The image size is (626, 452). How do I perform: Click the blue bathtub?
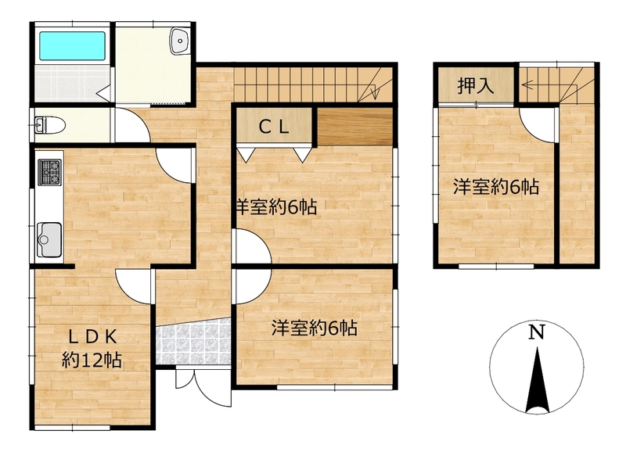[x=72, y=46]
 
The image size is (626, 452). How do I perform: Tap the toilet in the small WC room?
[x=50, y=125]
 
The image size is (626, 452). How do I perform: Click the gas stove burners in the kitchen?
[x=50, y=172]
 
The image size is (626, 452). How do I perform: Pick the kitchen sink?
[x=49, y=240]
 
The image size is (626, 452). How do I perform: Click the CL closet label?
[x=274, y=127]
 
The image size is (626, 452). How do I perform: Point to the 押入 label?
[x=476, y=86]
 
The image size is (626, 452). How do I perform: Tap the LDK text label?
[x=92, y=338]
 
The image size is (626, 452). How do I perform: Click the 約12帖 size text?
[x=92, y=361]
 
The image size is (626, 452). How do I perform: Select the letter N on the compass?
[x=537, y=332]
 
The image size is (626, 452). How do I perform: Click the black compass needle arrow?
[x=538, y=380]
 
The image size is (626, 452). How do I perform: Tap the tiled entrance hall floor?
[x=193, y=341]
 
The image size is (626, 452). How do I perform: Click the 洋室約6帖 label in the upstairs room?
[x=496, y=187]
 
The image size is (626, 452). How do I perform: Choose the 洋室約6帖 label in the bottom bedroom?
[x=315, y=328]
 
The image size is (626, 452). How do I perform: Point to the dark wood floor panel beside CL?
[x=354, y=127]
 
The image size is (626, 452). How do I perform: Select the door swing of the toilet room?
[x=132, y=125]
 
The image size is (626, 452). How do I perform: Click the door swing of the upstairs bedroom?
[x=538, y=125]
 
